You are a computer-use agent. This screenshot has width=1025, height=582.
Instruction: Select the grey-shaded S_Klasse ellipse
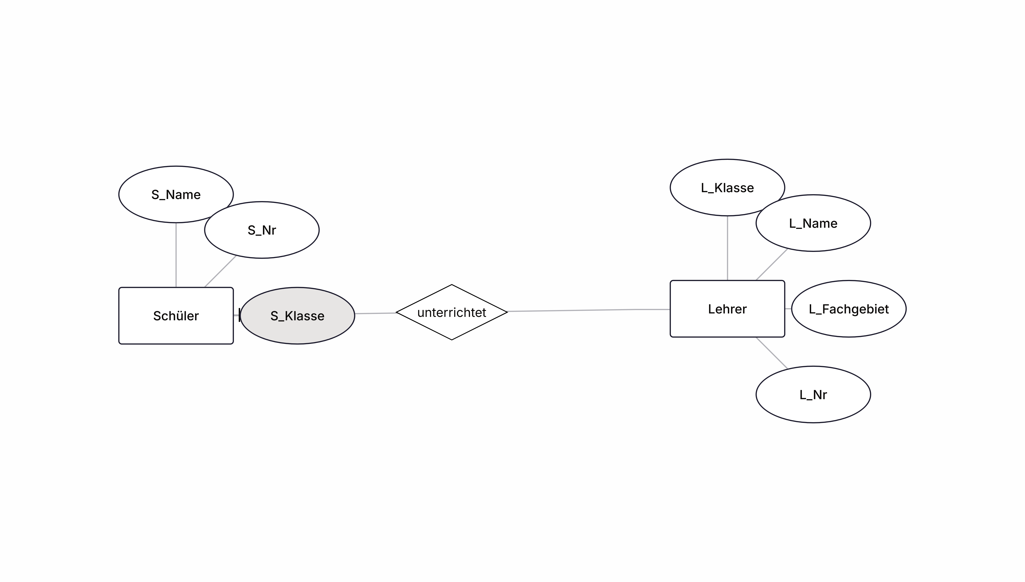[x=297, y=315]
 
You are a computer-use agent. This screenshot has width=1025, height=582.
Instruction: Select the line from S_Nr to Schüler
[x=220, y=272]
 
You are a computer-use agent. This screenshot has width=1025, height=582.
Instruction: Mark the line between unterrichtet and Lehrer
[x=589, y=310]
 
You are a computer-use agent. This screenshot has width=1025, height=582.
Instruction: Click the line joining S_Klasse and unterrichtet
[x=375, y=313]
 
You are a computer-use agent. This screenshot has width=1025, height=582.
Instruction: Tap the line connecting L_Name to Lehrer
[x=772, y=265]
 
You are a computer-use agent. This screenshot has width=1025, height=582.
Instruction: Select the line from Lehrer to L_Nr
[x=772, y=353]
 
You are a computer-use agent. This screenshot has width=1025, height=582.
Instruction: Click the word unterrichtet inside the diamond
[x=452, y=313]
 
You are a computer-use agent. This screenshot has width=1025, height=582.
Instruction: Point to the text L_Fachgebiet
[x=849, y=309]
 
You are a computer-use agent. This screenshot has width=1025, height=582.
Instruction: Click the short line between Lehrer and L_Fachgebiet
[x=788, y=309]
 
